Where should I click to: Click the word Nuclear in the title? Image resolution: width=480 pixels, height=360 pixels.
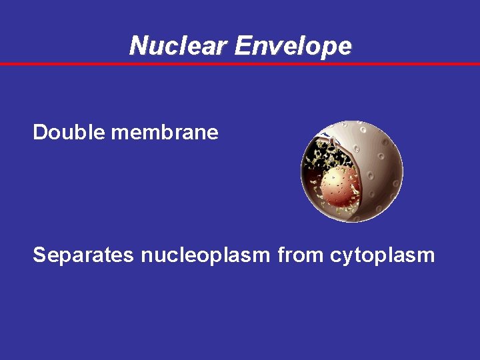point(179,46)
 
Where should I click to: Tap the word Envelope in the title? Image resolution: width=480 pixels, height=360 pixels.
point(293,46)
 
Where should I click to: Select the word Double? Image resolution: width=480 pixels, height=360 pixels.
point(69,133)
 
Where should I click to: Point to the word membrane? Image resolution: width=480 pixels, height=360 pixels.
point(165,133)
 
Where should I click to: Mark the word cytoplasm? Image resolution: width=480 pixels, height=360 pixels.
point(382,255)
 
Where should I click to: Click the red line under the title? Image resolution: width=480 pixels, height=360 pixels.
point(240,64)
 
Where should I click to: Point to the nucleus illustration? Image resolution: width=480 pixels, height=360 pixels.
point(352,171)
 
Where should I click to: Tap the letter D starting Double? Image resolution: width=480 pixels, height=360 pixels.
point(39,133)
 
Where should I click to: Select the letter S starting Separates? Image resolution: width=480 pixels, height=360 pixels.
point(39,255)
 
